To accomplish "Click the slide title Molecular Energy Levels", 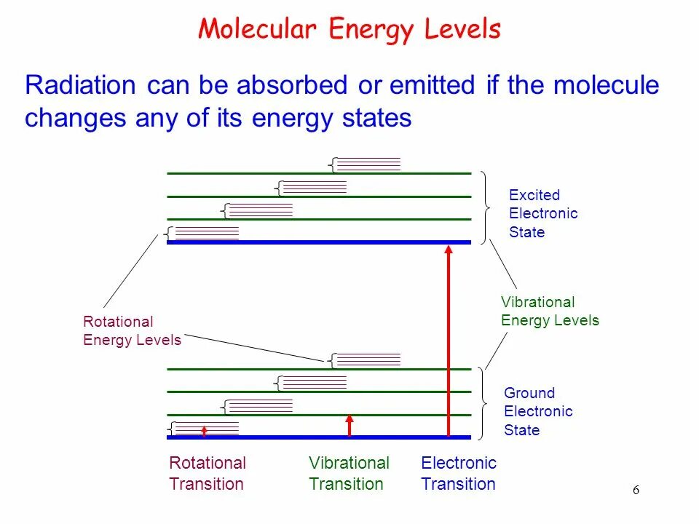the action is tap(349, 30).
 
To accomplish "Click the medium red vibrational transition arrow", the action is tap(349, 426).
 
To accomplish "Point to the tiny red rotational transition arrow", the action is tap(204, 431).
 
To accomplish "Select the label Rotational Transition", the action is tap(208, 473).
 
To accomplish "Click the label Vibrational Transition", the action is tap(349, 473).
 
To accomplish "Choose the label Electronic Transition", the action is tap(459, 473).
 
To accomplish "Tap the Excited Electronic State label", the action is tap(543, 213).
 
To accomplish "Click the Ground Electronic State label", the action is tap(538, 411).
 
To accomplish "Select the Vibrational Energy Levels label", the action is tap(550, 311).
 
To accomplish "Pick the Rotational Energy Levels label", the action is tap(132, 330).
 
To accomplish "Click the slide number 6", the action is tap(636, 490).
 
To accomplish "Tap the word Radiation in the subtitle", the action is tap(80, 86).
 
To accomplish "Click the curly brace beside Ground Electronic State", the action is tap(484, 404).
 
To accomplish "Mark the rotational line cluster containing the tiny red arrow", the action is tap(207, 428).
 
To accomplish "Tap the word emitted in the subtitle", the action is tap(431, 86).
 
